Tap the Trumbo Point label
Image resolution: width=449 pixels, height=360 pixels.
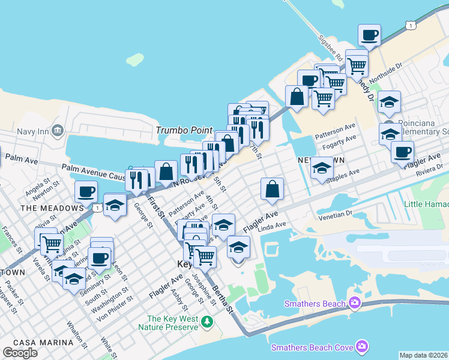point(179,130)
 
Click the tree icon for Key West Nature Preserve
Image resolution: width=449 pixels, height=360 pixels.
point(207,322)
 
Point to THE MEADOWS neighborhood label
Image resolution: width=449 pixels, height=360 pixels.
point(52,208)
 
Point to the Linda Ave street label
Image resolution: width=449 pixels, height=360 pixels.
point(270,225)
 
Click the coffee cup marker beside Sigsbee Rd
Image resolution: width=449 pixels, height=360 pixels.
point(369,35)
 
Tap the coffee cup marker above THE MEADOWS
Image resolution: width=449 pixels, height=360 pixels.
point(86,191)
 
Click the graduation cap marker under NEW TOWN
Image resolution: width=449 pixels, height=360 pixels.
point(322,169)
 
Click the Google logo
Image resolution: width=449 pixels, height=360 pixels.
point(20,353)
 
